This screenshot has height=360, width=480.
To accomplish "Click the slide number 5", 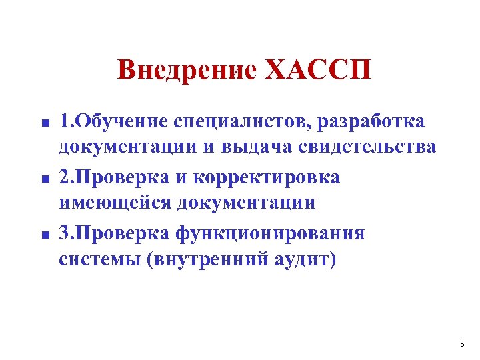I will pyautogui.click(x=462, y=344).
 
